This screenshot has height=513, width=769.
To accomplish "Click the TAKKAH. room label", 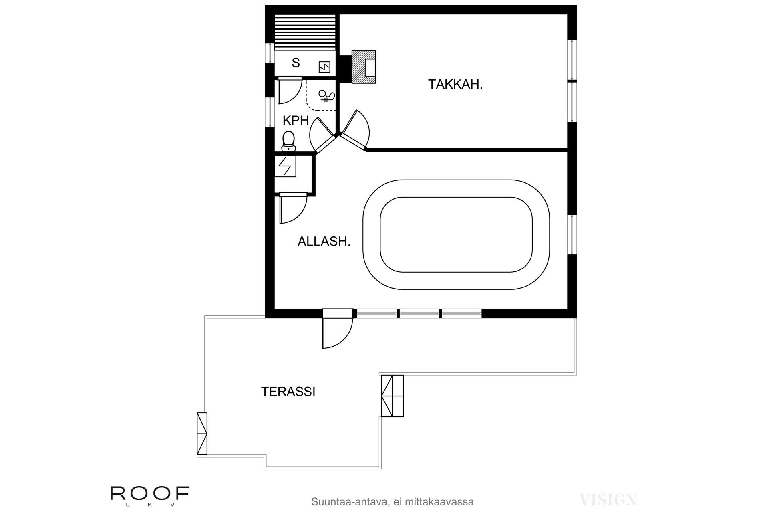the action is (455, 84).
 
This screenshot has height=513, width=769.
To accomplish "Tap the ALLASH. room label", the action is (324, 241).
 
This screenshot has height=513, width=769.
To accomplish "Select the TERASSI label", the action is (288, 392).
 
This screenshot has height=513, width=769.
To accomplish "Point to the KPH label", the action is (296, 120).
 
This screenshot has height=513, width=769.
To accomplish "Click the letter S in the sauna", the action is (296, 63).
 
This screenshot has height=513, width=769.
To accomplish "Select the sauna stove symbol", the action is (324, 67).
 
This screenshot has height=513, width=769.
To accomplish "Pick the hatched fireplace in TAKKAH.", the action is (364, 67).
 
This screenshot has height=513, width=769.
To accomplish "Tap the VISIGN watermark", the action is (608, 499).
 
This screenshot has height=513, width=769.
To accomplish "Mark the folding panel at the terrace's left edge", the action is (201, 434).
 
